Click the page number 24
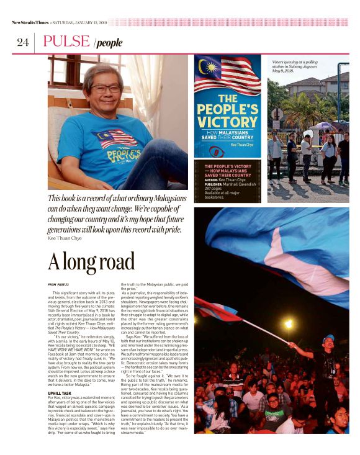pos(22,42)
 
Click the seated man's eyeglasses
pos(106,89)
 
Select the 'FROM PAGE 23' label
pos(59,284)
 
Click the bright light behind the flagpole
pos(287,323)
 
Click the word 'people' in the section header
pos(109,43)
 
